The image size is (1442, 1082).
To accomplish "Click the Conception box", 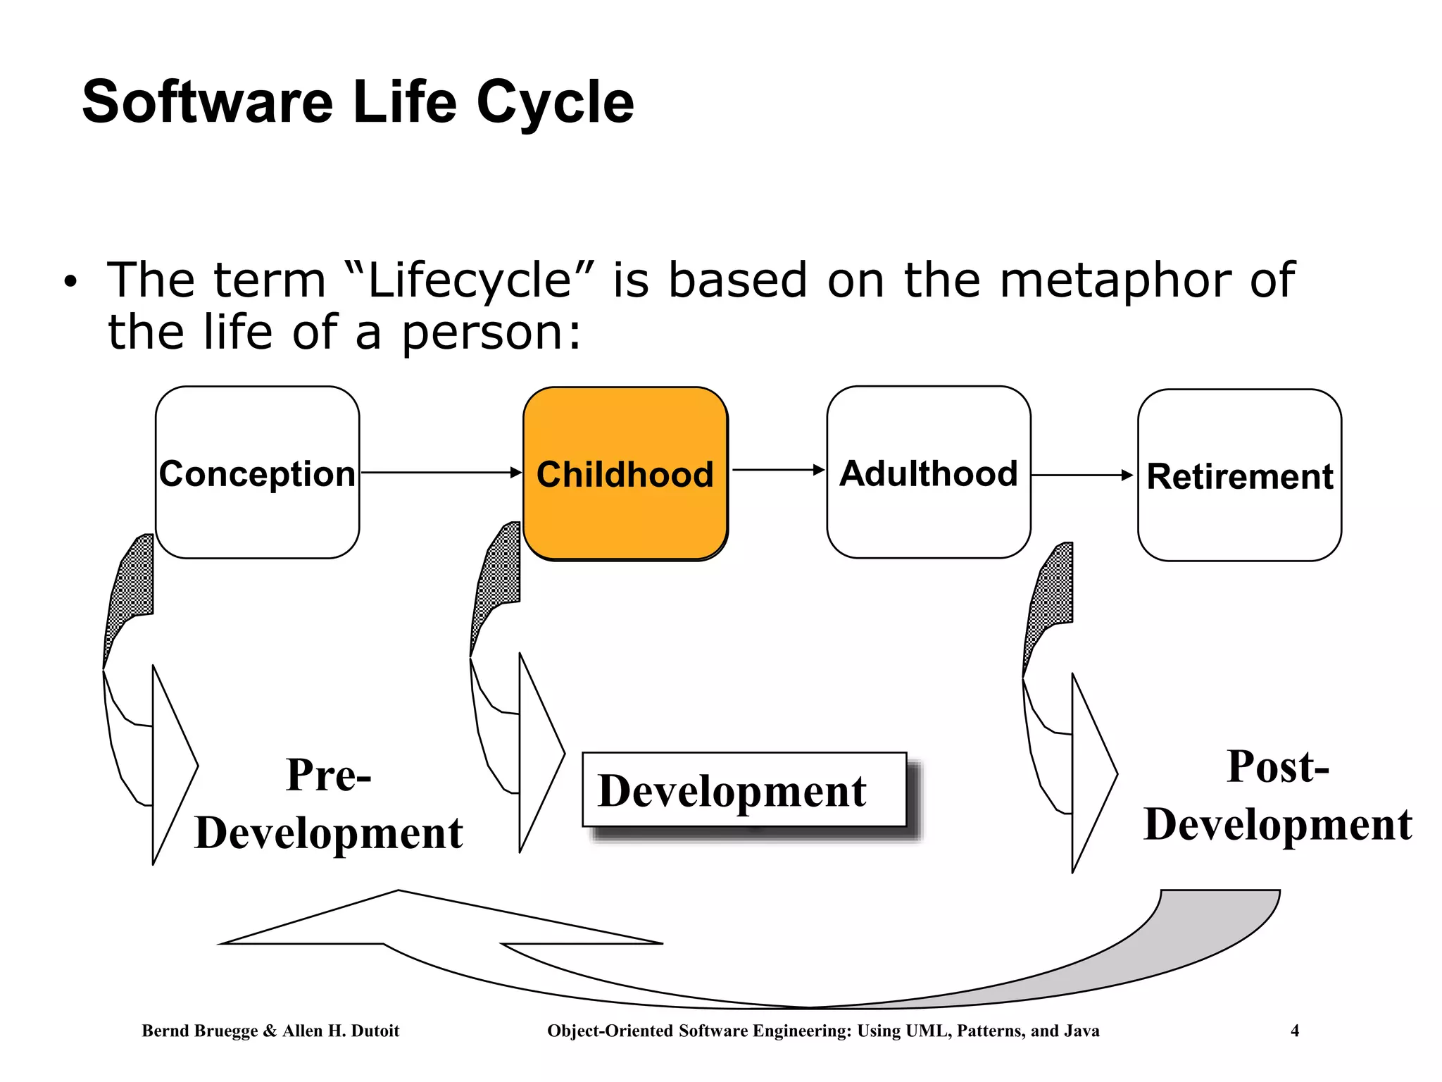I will click(257, 473).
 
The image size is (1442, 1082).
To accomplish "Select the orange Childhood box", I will click(625, 473).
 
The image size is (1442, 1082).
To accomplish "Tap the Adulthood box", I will click(929, 473).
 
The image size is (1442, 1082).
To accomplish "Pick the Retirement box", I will click(1239, 475).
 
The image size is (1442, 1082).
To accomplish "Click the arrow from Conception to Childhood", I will click(440, 473).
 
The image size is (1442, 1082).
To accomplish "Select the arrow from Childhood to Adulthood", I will click(777, 470).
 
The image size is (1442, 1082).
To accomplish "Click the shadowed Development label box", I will click(744, 790).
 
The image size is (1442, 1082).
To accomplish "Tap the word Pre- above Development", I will click(328, 775).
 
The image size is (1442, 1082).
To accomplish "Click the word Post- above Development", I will click(1277, 766).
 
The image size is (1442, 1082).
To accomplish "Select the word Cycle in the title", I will click(556, 102).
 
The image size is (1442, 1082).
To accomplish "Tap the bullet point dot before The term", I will click(69, 282).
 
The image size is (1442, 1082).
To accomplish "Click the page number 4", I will click(1294, 1031).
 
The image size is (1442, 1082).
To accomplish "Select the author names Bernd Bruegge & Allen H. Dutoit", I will click(270, 1031).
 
